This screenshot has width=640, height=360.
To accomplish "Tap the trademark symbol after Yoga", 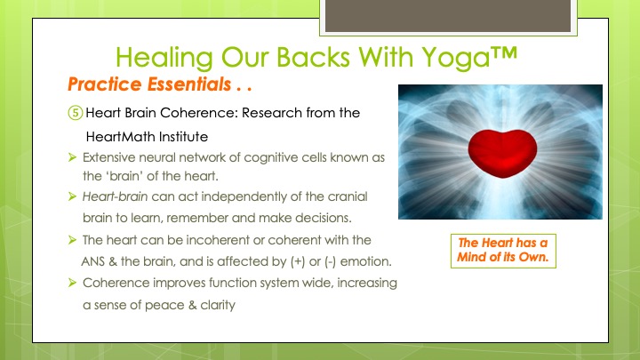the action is pos(504,53).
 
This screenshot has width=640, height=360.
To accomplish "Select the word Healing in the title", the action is pos(164,58).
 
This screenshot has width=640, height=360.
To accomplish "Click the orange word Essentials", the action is pos(189,84).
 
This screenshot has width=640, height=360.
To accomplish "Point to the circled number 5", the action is pos(75,113).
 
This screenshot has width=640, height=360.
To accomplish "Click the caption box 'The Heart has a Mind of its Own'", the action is pos(503,251).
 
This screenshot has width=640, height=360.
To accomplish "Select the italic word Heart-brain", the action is pos(115,196).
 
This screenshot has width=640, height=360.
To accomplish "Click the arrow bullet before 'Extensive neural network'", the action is pos(73,157).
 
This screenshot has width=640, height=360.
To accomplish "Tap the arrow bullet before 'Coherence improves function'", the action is pos(73,283).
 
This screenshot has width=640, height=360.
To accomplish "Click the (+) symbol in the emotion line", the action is pos(298,261).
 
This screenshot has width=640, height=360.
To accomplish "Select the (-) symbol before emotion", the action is pos(330,261).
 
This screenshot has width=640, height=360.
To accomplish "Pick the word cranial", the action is pos(348,196).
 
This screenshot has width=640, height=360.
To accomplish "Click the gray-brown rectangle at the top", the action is pos(448,15).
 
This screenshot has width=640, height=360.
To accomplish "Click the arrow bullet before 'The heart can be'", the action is pos(73,240).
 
